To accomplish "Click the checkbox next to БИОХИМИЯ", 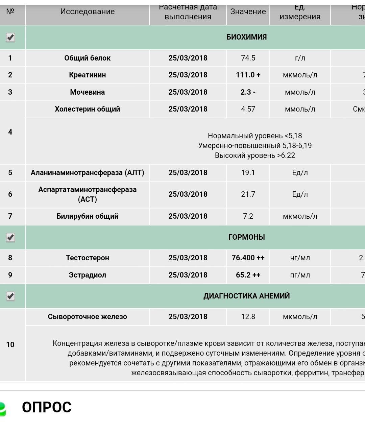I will [10, 37].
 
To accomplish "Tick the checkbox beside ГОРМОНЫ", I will [10, 237].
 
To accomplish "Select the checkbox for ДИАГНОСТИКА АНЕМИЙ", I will [10, 296].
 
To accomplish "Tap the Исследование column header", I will [87, 11].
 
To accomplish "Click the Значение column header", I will [248, 11].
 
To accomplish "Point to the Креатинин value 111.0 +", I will [248, 75].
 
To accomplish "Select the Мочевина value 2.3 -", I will [248, 92].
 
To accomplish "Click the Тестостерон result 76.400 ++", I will [248, 258].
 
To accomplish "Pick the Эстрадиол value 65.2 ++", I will [248, 275].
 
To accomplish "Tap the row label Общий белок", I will [87, 58].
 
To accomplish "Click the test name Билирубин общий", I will [87, 216].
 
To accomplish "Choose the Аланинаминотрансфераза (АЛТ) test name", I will [87, 173].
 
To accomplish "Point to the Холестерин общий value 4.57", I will [248, 109].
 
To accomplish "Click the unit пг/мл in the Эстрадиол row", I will [300, 275].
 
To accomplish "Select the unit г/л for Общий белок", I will [300, 58].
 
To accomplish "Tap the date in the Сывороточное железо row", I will [188, 317].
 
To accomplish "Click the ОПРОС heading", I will [47, 407].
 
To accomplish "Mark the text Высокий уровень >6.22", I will [255, 155].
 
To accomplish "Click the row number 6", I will [10, 194].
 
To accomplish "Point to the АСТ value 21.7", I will [248, 194].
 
